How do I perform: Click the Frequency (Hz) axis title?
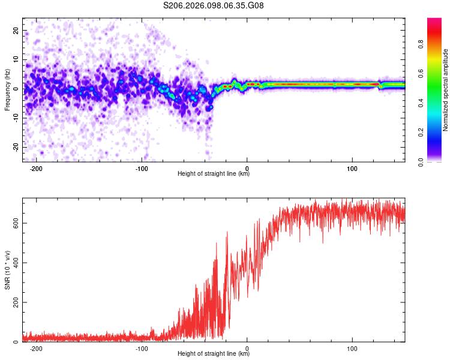(7, 89)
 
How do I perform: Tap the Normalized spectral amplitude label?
(446, 91)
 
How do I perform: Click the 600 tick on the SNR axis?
(13, 223)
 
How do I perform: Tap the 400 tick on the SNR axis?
(13, 262)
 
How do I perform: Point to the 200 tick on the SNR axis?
(13, 302)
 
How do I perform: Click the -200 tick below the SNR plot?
(36, 348)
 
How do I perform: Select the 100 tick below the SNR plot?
(352, 348)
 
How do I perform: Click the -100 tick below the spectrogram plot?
(142, 167)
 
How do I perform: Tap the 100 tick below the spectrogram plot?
(352, 167)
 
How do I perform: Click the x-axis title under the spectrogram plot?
(214, 174)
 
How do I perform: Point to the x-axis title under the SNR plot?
(214, 355)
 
